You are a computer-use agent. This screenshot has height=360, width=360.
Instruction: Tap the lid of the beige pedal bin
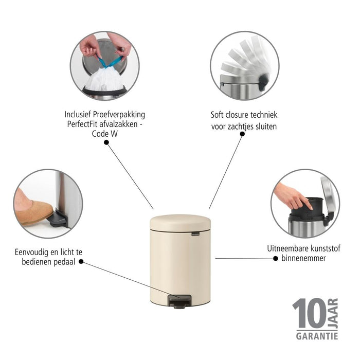180,222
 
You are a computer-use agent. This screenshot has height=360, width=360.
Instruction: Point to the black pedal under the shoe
58,220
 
